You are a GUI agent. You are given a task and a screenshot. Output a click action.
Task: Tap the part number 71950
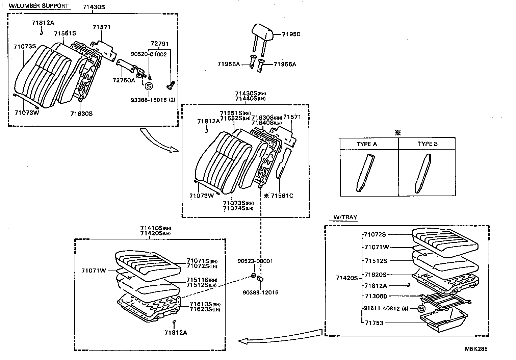291,34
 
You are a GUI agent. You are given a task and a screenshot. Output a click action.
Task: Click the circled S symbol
149,86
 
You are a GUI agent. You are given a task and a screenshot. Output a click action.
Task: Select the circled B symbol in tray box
421,308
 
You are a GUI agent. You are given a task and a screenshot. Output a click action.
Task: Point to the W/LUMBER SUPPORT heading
39,6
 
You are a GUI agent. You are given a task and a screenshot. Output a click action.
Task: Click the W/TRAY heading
345,217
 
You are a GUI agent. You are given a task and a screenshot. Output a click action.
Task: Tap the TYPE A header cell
367,144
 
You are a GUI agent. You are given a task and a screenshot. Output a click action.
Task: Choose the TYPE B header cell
428,144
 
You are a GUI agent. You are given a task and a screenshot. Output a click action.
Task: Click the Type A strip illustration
365,173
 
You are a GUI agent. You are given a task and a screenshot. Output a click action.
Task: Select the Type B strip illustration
423,173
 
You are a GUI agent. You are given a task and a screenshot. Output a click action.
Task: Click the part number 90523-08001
255,261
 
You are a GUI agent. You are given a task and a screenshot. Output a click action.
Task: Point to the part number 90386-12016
260,292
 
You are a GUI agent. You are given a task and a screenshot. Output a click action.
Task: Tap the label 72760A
124,80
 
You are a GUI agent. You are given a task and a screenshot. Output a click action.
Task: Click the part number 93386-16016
149,100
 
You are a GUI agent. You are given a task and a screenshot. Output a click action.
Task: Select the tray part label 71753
374,323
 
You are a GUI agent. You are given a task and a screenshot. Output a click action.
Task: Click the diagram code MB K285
476,349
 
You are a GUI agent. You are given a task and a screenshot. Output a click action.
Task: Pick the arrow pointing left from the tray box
280,336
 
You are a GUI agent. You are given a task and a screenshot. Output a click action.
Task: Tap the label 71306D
376,296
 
